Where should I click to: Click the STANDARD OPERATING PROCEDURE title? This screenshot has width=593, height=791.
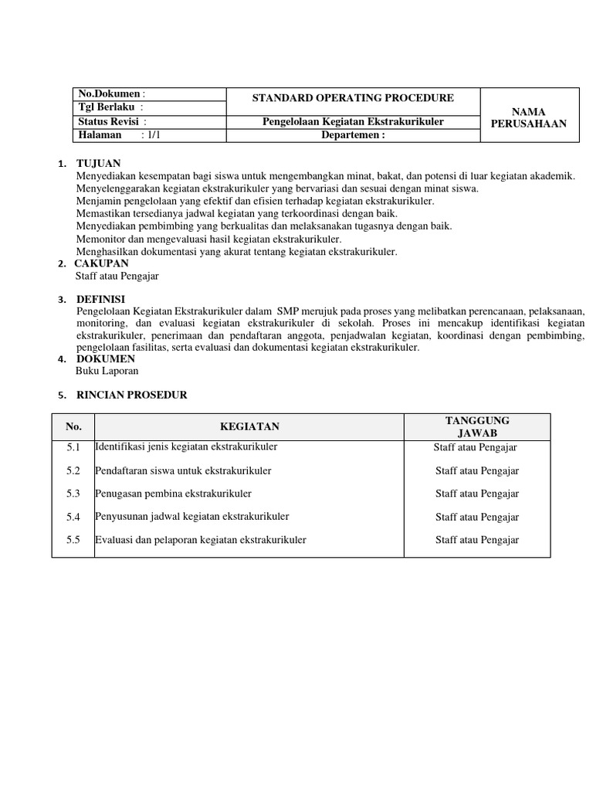pos(353,98)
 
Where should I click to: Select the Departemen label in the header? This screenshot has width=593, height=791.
pos(352,135)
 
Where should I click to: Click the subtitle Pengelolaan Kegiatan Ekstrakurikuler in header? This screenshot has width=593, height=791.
pos(353,122)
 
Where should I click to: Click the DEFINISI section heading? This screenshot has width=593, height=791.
pos(100,299)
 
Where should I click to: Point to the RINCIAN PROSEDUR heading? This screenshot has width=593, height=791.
pos(131,395)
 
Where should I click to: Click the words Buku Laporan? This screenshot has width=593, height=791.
pos(107,371)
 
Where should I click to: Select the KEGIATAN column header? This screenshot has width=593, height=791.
pos(249,426)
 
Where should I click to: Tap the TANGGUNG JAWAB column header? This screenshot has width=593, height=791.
pos(477,426)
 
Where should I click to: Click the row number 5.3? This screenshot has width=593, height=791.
pos(73,494)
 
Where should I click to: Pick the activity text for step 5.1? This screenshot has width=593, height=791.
pos(186,447)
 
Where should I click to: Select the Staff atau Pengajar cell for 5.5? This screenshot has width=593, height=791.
pos(477,540)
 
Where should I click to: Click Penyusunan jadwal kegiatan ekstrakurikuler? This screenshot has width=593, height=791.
pos(192,517)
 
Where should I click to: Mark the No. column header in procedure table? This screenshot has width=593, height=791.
pos(73,426)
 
